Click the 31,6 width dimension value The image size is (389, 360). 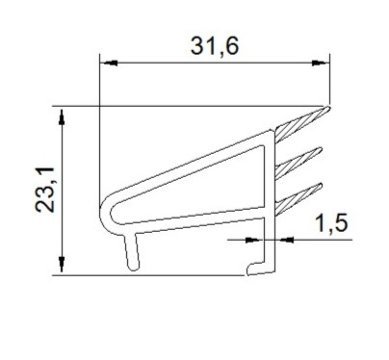point(215,46)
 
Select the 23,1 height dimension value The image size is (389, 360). point(45,190)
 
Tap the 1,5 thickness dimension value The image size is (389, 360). point(331,223)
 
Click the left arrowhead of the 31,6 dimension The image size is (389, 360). point(109,63)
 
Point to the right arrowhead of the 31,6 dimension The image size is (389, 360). point(321,63)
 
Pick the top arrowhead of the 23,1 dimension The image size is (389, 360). point(62,116)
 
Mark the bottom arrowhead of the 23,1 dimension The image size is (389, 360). point(62,265)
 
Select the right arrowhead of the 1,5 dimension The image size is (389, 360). point(284,240)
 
